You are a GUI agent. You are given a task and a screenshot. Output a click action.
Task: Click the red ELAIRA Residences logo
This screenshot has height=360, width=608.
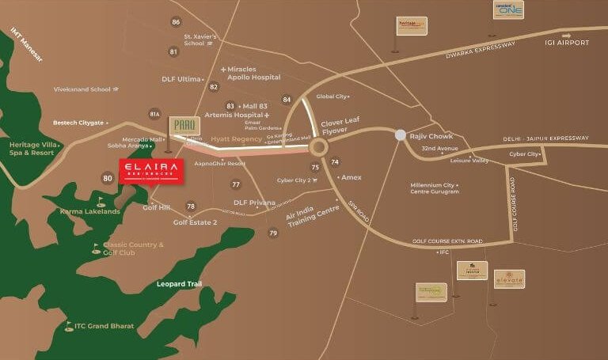tap(151, 171)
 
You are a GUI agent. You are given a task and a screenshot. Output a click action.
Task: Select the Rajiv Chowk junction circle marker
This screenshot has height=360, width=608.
tap(401, 135)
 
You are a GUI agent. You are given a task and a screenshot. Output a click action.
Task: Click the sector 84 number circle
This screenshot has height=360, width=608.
tap(287, 100)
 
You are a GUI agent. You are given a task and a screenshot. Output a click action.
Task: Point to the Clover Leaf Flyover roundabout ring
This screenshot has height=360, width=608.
tap(318, 147)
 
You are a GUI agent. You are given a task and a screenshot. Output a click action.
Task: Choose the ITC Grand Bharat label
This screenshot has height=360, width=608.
tap(104, 326)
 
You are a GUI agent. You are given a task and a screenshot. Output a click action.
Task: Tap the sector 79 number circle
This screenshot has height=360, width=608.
tap(273, 233)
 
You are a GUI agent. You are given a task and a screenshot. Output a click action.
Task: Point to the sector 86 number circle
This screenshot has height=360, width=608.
tap(176, 22)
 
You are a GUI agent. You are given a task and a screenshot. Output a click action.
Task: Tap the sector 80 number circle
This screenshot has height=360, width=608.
tap(108, 178)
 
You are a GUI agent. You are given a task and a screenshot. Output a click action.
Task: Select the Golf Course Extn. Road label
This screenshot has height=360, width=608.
tap(446, 241)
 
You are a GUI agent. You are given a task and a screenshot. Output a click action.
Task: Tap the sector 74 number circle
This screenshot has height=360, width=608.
tap(335, 162)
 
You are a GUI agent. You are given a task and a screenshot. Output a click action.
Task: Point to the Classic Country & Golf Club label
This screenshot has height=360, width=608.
tap(133, 248)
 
